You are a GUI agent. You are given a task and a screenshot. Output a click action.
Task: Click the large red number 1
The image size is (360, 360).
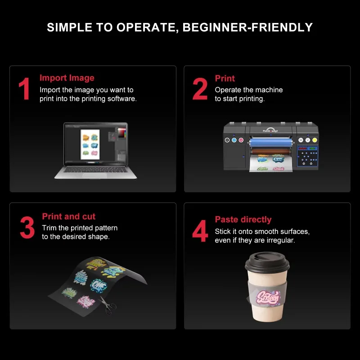click(24, 89)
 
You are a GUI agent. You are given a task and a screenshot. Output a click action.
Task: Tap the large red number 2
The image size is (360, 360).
click(200, 89)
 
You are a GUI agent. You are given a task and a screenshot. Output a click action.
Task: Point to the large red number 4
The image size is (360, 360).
click(200, 230)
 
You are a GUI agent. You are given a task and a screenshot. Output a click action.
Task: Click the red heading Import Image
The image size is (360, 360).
click(67, 78)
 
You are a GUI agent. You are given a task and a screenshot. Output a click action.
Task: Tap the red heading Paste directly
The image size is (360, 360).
click(243, 220)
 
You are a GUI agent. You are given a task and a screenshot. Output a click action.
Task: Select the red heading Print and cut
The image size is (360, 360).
click(68, 216)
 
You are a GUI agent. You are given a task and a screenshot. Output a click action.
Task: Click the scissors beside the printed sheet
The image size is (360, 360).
click(107, 306)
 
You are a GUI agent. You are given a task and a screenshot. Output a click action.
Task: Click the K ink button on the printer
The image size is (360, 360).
click(227, 140)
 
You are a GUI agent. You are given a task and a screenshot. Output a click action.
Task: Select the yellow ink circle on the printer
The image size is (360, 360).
click(315, 140)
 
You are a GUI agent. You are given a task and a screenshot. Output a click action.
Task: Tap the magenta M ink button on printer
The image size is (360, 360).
click(241, 140)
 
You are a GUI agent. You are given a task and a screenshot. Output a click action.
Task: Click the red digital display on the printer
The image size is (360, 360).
click(302, 148)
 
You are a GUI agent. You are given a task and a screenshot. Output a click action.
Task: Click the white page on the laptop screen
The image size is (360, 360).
click(90, 144)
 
